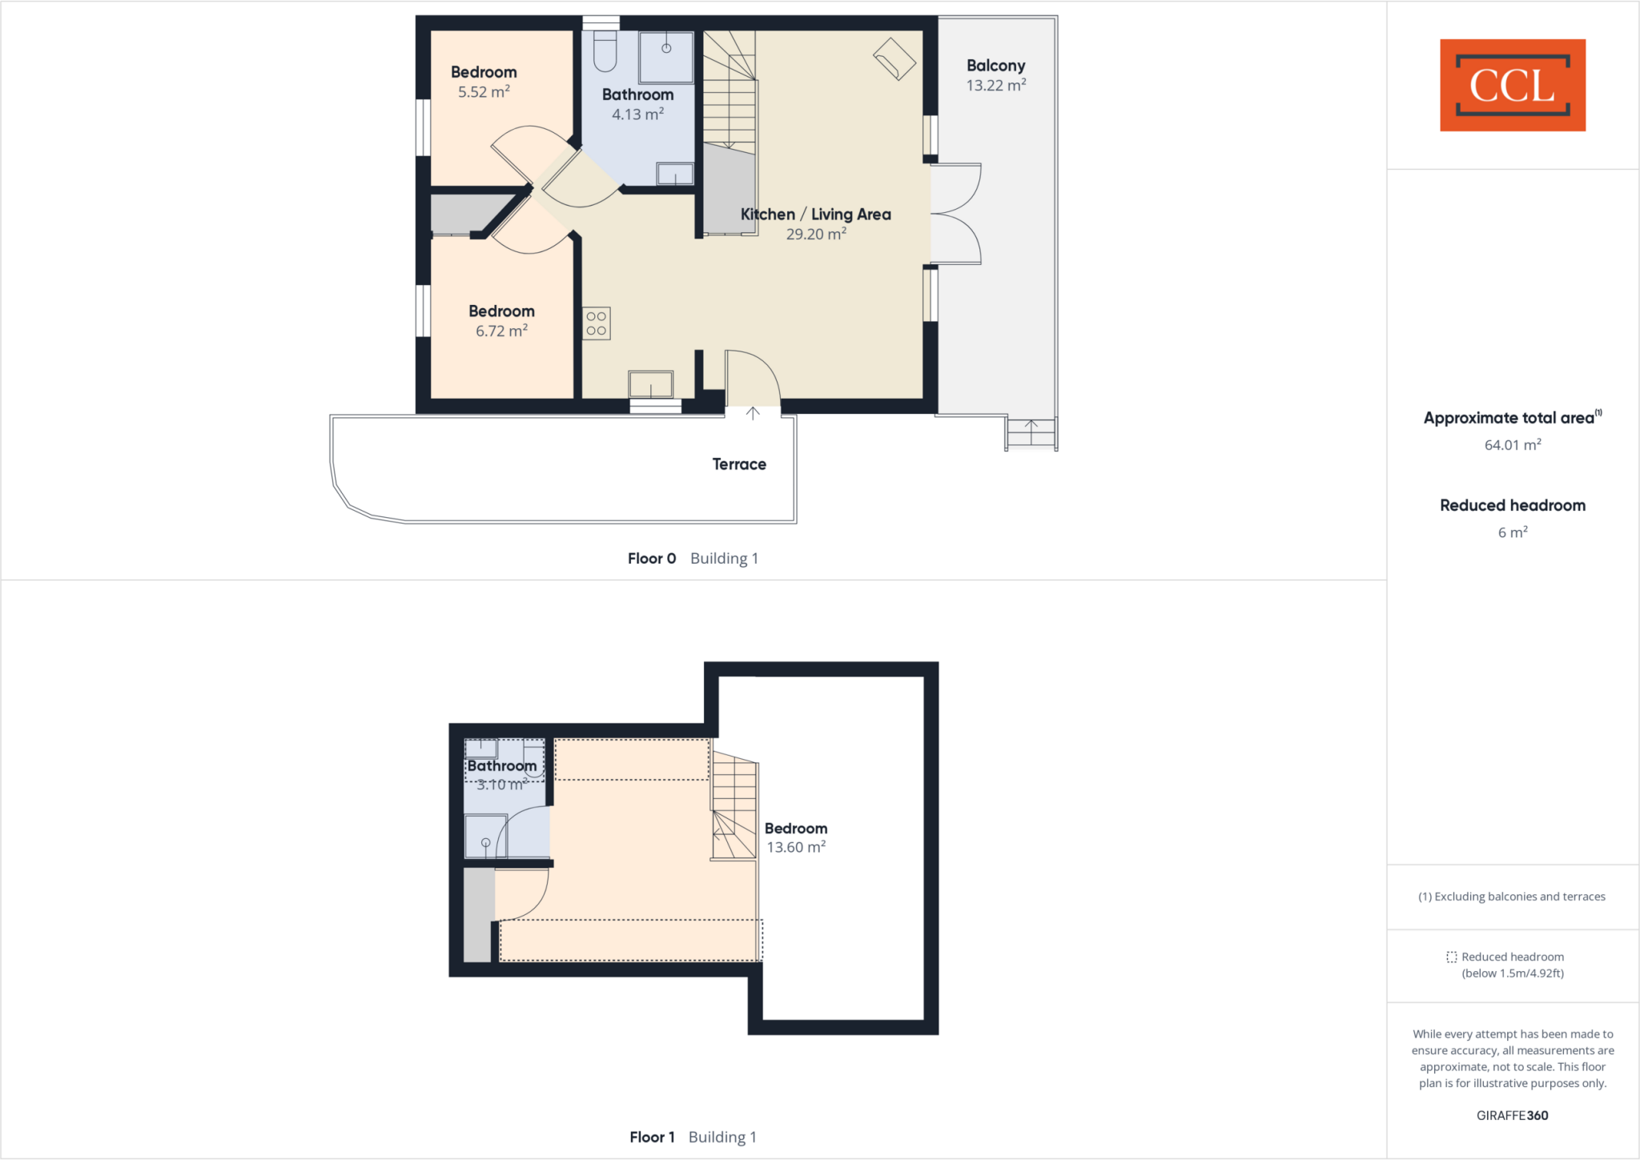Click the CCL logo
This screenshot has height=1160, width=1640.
(1512, 85)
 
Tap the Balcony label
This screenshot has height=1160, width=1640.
(995, 66)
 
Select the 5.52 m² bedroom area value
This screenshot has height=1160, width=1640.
(484, 92)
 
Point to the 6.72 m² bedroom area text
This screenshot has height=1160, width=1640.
(501, 331)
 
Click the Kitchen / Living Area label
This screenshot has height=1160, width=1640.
(815, 215)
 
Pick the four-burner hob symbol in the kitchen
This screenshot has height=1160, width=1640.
(597, 323)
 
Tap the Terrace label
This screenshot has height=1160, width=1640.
(739, 464)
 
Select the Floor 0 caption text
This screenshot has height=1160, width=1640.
(652, 559)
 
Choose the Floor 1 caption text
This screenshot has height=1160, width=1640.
(652, 1137)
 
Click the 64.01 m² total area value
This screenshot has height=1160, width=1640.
(1512, 445)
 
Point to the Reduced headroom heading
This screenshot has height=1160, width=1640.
(1512, 505)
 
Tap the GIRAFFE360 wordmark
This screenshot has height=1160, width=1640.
(1512, 1115)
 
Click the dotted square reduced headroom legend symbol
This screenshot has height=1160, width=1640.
(1451, 957)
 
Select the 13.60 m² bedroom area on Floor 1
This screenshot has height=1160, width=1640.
(796, 847)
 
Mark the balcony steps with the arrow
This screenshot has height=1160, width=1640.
(1031, 432)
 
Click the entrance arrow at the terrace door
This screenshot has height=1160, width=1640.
(753, 413)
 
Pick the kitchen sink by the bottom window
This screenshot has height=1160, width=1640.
(650, 384)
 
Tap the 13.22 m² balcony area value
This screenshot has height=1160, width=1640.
(995, 86)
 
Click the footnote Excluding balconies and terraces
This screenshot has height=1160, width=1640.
(1512, 897)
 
